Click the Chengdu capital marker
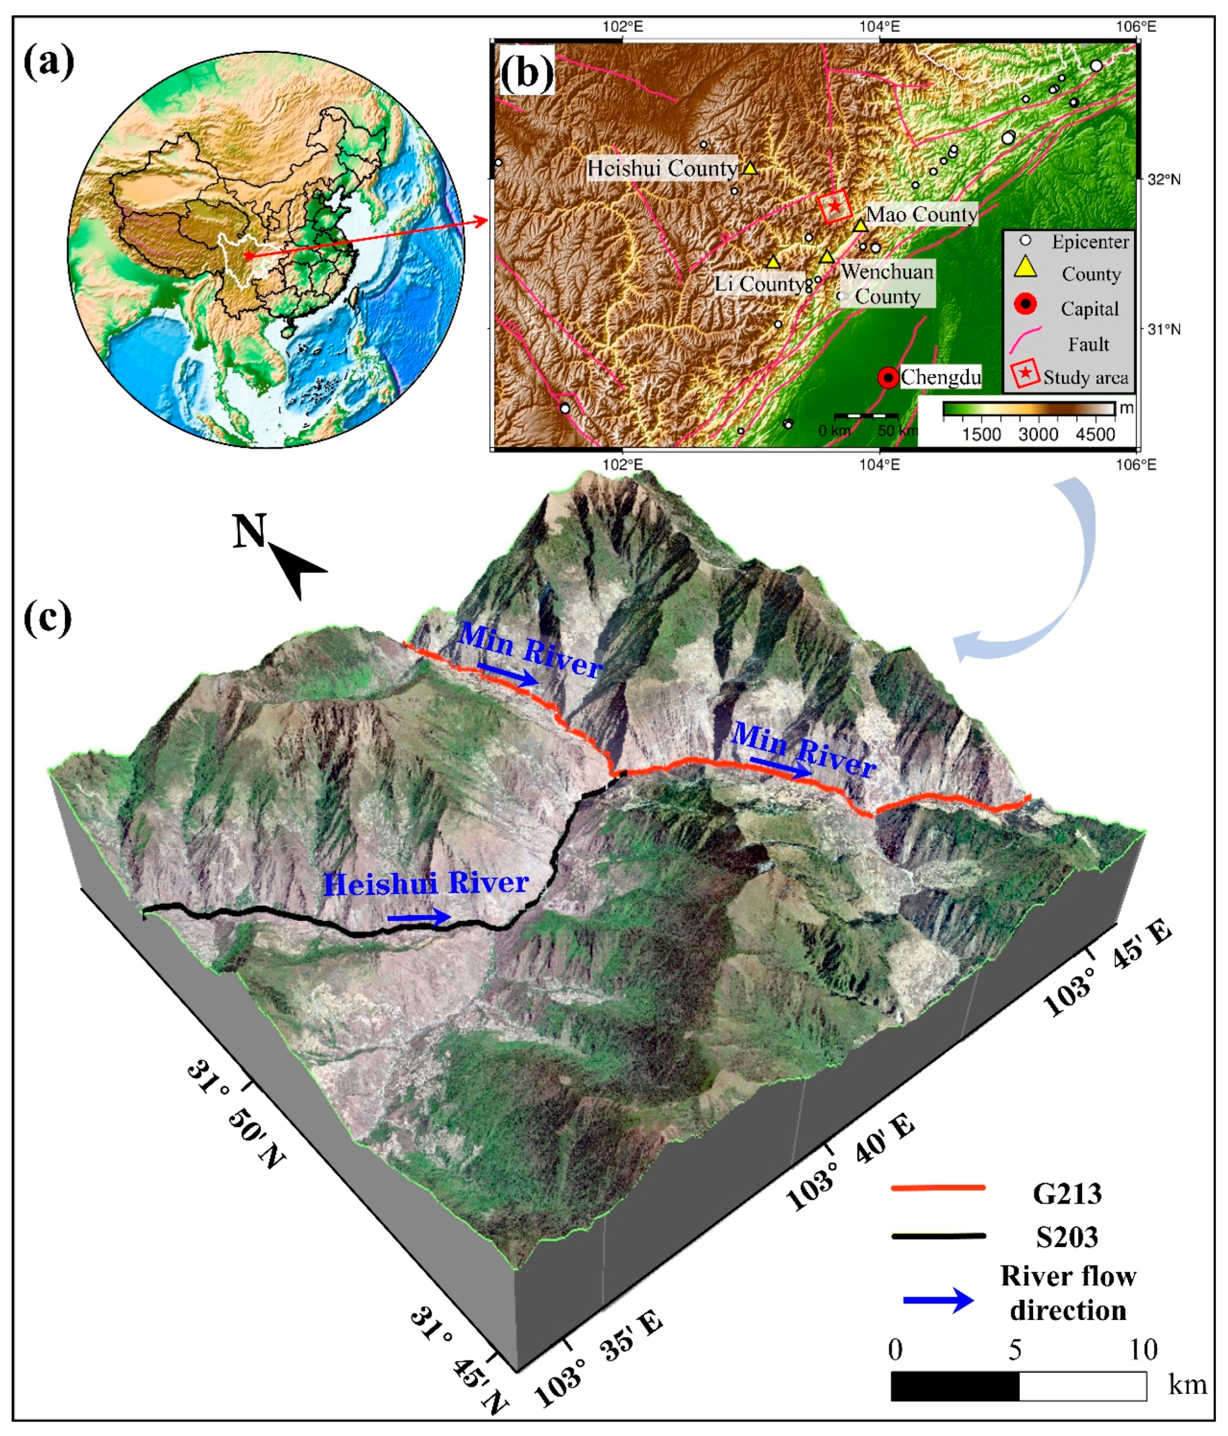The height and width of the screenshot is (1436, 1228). pyautogui.click(x=888, y=378)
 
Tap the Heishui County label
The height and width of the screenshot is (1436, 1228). pyautogui.click(x=662, y=168)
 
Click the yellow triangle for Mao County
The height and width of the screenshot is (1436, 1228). pyautogui.click(x=860, y=225)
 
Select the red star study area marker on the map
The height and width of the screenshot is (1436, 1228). pyautogui.click(x=835, y=206)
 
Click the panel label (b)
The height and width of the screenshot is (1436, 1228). pyautogui.click(x=527, y=72)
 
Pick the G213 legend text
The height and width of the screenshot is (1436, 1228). pyautogui.click(x=1066, y=1193)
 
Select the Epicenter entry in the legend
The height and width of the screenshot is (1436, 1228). pyautogui.click(x=1090, y=242)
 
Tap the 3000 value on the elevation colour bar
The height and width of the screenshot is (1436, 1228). pyautogui.click(x=1038, y=434)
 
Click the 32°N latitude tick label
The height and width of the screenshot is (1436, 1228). pyautogui.click(x=1163, y=180)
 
